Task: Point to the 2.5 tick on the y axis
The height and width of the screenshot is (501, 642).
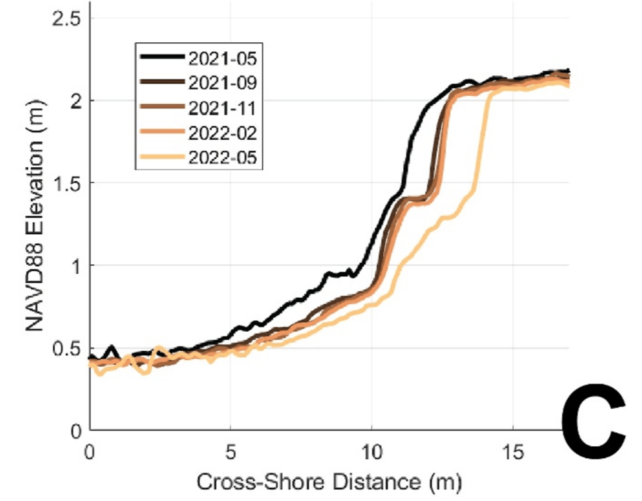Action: tap(66, 18)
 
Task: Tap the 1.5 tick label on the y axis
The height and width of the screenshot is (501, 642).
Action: tap(66, 183)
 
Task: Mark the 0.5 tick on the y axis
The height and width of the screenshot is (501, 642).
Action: tap(66, 348)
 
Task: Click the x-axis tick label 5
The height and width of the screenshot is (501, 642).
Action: tap(231, 452)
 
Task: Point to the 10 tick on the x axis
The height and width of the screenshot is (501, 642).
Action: tap(372, 452)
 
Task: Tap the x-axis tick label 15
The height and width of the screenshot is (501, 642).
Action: tap(513, 452)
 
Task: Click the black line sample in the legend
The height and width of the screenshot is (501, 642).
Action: tap(163, 58)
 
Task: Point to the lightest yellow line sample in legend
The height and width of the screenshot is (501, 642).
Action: tap(163, 157)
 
